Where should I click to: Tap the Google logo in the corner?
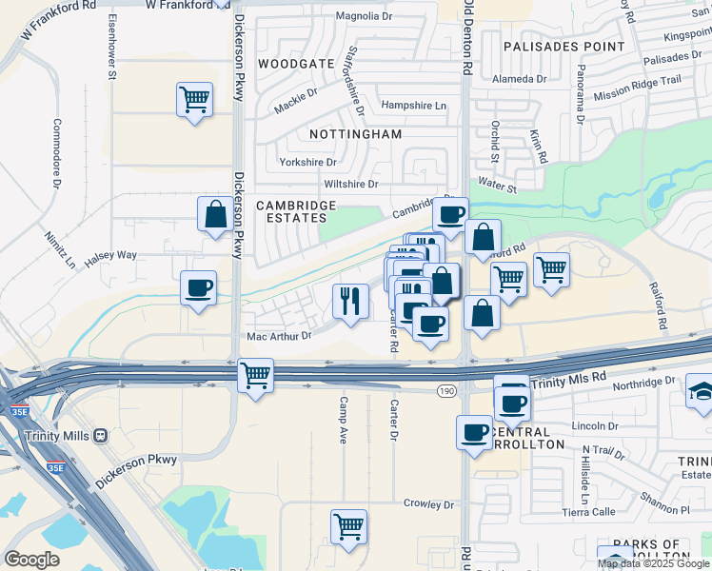[31, 559]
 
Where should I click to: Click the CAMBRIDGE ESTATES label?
[296, 211]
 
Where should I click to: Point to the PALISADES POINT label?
[564, 46]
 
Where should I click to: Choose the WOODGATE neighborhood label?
[296, 64]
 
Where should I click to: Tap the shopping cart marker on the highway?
[255, 374]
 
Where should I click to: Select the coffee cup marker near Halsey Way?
[198, 287]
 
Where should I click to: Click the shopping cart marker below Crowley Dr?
[348, 526]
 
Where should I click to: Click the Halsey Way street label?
[111, 255]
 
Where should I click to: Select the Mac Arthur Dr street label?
[279, 336]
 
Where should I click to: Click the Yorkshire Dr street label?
[308, 162]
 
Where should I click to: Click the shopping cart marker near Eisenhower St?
[194, 99]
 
